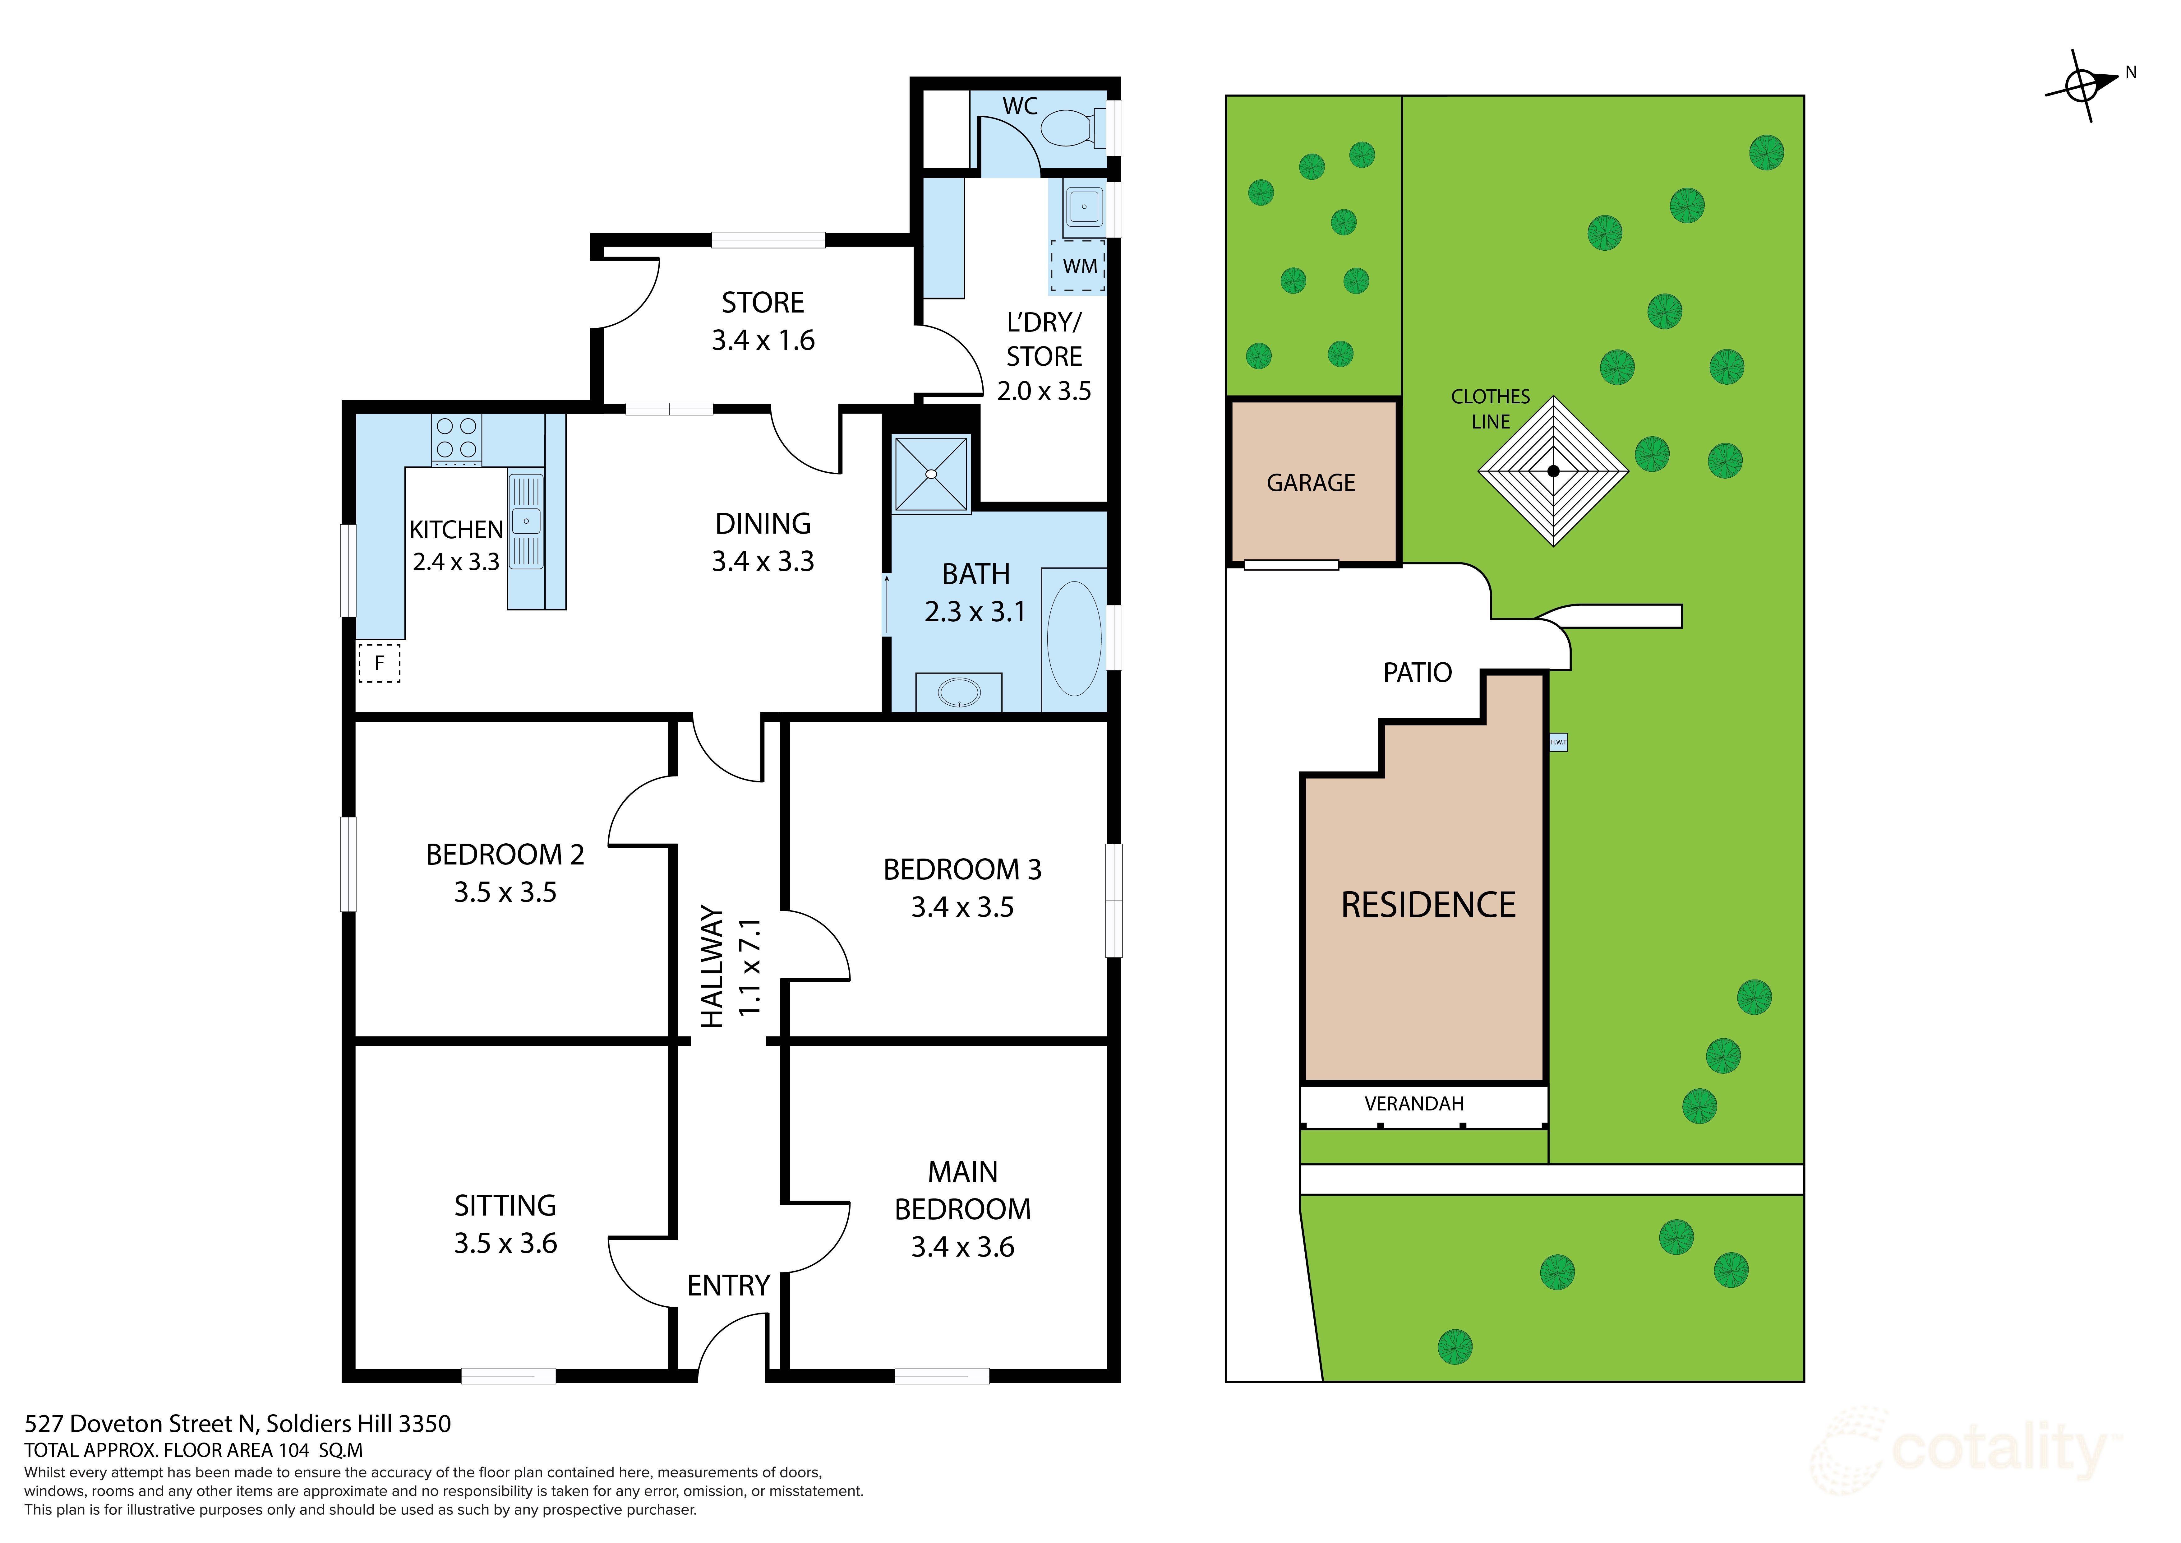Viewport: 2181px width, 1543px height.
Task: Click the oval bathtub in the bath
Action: tap(1074, 638)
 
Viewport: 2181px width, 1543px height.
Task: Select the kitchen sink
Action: tap(526, 521)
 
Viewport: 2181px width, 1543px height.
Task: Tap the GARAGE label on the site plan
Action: tap(1311, 483)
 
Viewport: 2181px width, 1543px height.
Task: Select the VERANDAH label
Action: tap(1413, 1103)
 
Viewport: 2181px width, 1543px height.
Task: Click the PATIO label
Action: tap(1416, 673)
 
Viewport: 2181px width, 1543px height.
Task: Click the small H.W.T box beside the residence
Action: tap(1558, 742)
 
